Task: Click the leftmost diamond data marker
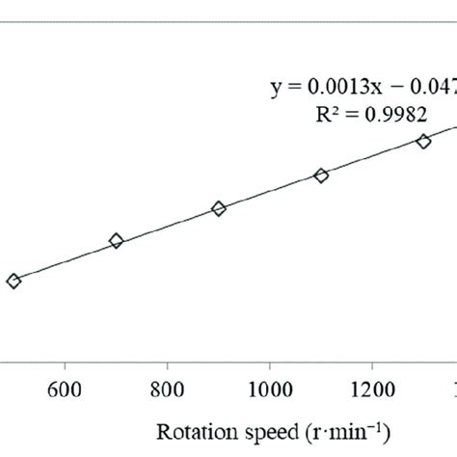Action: pyautogui.click(x=13, y=281)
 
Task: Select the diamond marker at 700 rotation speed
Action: pyautogui.click(x=117, y=241)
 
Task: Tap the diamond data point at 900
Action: pyautogui.click(x=219, y=208)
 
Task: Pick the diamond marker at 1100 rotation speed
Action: pyautogui.click(x=321, y=175)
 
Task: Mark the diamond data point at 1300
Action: pyautogui.click(x=423, y=142)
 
